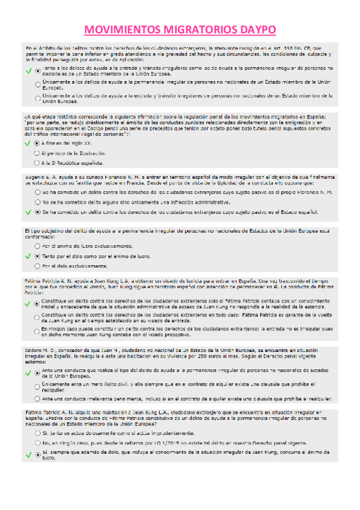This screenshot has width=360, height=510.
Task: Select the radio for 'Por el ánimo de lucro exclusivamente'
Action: [x=37, y=247]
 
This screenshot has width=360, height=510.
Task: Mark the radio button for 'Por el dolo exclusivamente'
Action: [x=37, y=266]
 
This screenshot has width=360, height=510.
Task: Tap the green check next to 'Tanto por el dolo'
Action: [x=28, y=256]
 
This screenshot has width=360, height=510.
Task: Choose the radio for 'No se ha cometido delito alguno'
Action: [x=37, y=202]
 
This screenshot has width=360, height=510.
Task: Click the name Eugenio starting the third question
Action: [x=34, y=176]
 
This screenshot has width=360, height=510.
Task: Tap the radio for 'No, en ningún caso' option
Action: [x=37, y=443]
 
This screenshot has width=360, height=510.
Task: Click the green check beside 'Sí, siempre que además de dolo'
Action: [x=28, y=455]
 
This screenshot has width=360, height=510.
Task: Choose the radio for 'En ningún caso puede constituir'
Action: [x=37, y=331]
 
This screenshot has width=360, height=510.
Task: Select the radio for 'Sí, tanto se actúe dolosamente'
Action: [x=37, y=432]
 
